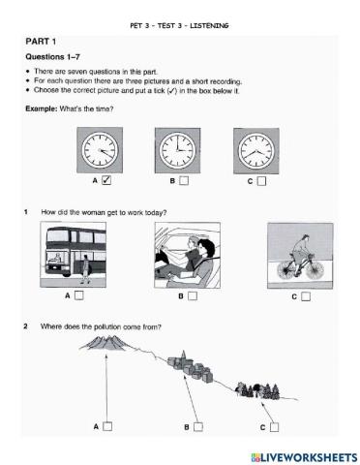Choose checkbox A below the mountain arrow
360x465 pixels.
coord(108,425)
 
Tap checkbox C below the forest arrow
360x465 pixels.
coord(275,425)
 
